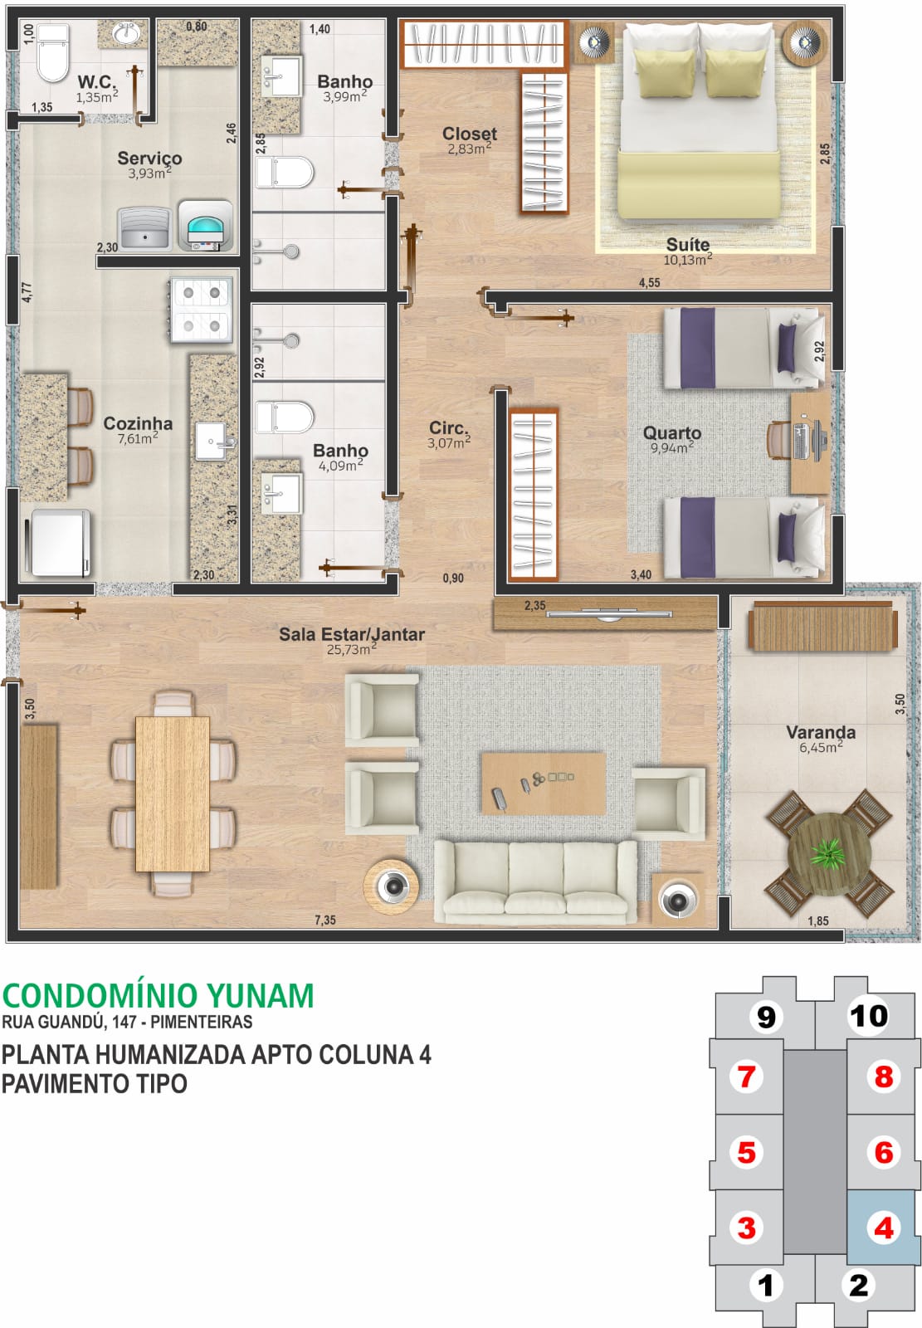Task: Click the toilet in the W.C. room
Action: [53, 51]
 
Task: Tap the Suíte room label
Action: [687, 244]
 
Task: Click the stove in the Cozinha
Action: [201, 310]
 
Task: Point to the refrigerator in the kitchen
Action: [60, 543]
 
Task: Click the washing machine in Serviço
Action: [205, 225]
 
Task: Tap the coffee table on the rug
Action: [544, 783]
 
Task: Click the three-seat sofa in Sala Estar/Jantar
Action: [535, 882]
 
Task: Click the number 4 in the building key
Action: [883, 1227]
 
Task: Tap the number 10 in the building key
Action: [868, 1016]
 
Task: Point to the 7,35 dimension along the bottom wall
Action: [325, 920]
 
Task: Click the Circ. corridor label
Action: [449, 427]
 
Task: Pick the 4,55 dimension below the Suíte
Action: [649, 282]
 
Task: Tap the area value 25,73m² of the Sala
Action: [350, 650]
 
